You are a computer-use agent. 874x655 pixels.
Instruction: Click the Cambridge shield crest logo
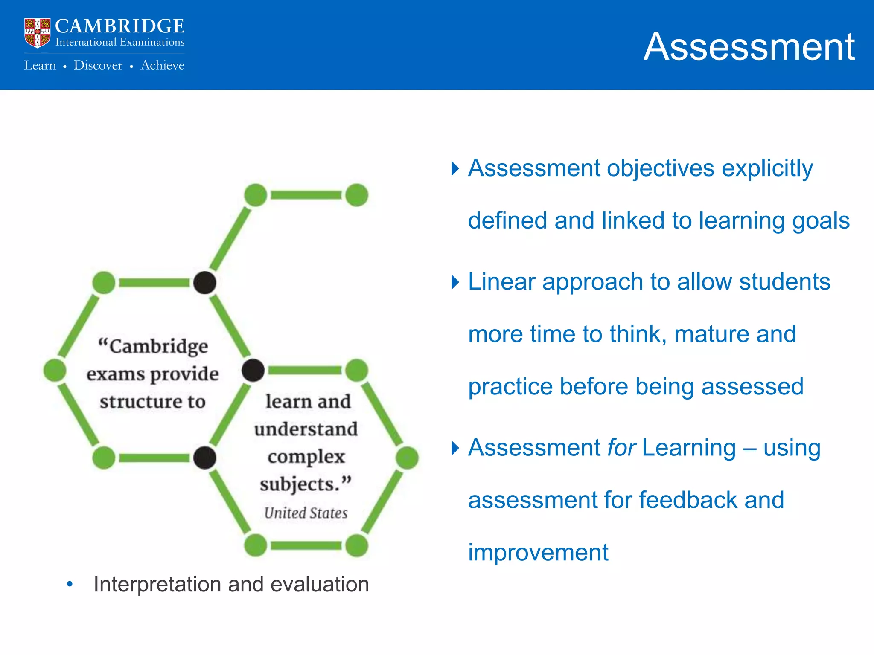(x=37, y=32)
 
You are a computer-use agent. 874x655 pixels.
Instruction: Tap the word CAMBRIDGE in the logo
(x=119, y=26)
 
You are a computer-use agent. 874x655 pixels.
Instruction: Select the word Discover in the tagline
(x=98, y=65)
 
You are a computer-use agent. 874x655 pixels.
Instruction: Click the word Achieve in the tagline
(x=162, y=65)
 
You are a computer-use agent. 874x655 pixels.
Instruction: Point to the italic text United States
(x=306, y=513)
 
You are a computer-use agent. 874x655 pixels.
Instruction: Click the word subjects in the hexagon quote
(x=299, y=484)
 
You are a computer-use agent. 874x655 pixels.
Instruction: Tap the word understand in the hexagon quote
(x=306, y=429)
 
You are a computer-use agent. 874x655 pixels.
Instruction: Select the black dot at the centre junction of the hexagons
(x=253, y=370)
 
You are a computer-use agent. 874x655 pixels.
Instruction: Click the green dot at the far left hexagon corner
(x=55, y=370)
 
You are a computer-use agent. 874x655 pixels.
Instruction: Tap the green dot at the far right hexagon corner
(x=407, y=458)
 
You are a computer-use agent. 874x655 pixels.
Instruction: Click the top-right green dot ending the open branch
(x=357, y=195)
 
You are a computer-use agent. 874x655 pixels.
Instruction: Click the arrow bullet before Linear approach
(x=455, y=282)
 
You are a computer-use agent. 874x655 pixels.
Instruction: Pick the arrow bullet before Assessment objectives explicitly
(x=455, y=168)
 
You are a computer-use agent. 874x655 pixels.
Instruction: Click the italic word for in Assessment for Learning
(x=621, y=448)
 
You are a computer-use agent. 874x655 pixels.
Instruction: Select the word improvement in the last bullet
(x=538, y=553)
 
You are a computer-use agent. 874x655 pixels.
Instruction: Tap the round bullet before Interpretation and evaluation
(x=70, y=584)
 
